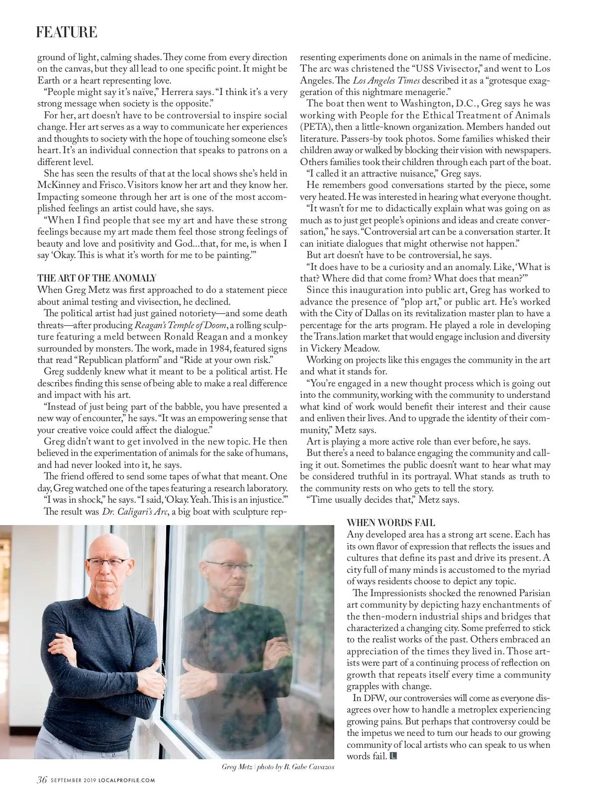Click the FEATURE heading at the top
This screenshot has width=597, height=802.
(x=66, y=33)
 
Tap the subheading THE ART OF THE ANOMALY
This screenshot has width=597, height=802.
(x=97, y=278)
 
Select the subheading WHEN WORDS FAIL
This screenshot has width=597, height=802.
(x=391, y=523)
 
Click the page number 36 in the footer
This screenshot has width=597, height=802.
(x=42, y=780)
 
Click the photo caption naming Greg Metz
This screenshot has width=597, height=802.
(x=278, y=767)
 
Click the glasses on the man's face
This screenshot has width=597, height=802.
(x=107, y=562)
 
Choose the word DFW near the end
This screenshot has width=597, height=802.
(x=379, y=698)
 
